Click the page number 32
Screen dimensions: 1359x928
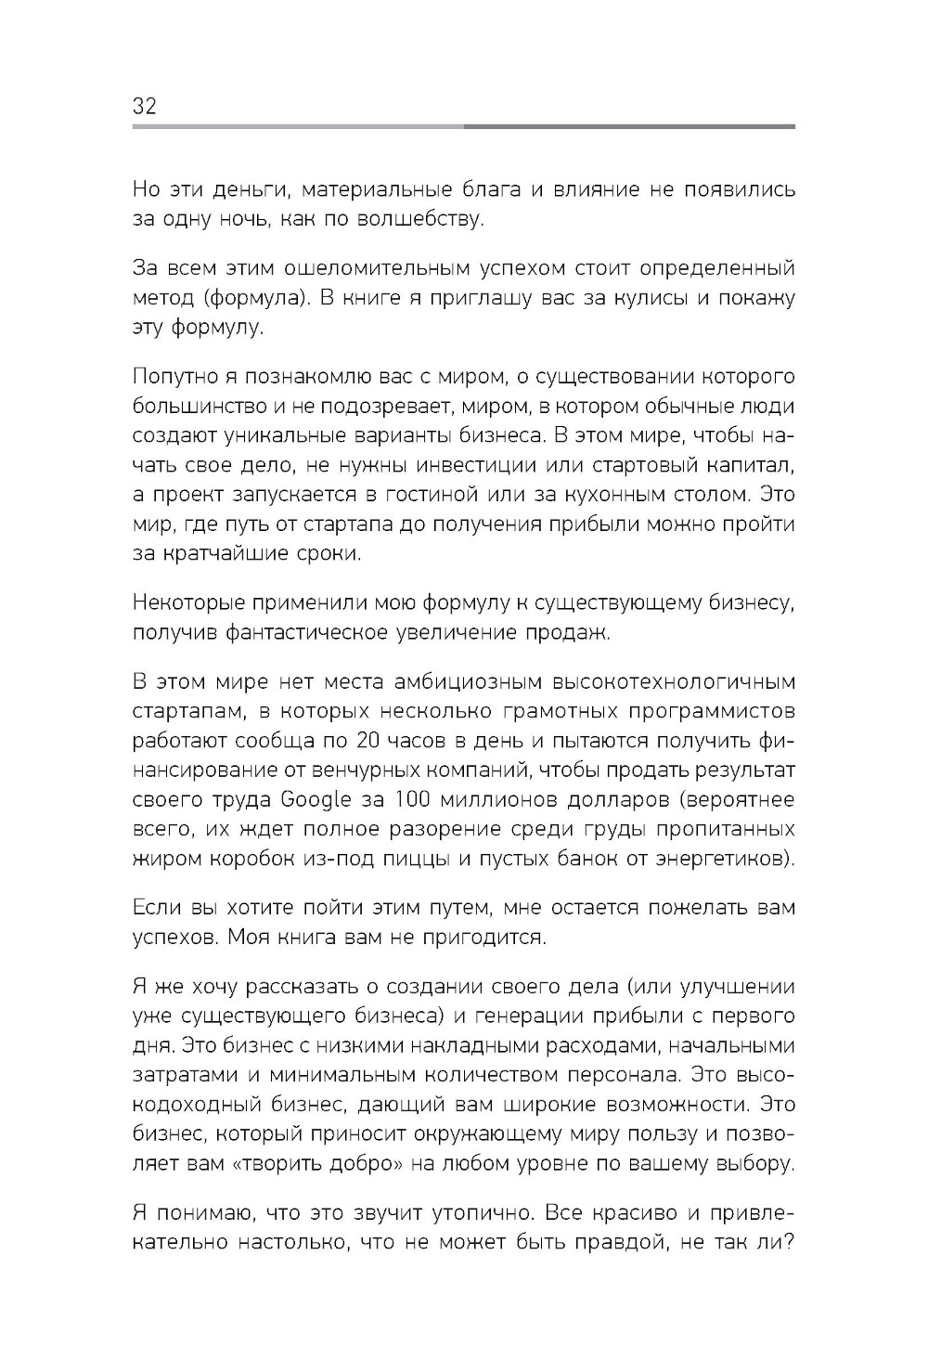pyautogui.click(x=145, y=106)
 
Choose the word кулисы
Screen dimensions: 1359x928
pyautogui.click(x=644, y=299)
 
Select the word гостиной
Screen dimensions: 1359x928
pyautogui.click(x=458, y=495)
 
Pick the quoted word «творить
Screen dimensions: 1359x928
pyautogui.click(x=281, y=1163)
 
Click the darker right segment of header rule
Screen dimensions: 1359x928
pyautogui.click(x=629, y=126)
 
